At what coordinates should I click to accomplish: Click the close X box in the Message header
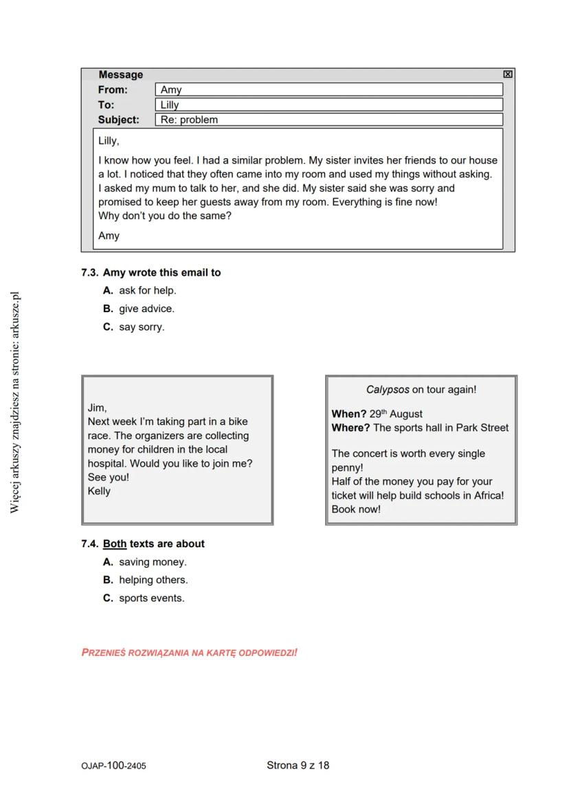(507, 74)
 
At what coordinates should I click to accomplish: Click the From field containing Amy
(328, 89)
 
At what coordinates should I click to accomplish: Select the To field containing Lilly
(328, 104)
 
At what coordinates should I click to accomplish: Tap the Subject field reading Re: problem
(328, 120)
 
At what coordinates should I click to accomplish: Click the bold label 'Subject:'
(118, 120)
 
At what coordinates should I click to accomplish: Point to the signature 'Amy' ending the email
(109, 236)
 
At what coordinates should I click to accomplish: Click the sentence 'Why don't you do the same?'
(165, 216)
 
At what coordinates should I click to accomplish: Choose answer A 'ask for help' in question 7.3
(146, 290)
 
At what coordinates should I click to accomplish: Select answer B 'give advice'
(146, 309)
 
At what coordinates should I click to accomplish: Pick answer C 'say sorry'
(141, 327)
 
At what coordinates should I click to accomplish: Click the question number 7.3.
(89, 273)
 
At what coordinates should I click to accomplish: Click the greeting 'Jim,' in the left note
(97, 408)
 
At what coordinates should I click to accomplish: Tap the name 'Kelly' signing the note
(99, 492)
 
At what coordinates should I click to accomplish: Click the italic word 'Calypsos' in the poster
(387, 390)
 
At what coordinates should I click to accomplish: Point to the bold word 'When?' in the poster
(348, 414)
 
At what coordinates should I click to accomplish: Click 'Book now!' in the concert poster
(355, 509)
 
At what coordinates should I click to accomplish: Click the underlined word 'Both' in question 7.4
(115, 544)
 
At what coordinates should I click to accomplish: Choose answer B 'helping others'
(152, 580)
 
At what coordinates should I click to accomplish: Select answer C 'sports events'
(150, 598)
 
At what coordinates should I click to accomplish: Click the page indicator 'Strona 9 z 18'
(298, 765)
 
